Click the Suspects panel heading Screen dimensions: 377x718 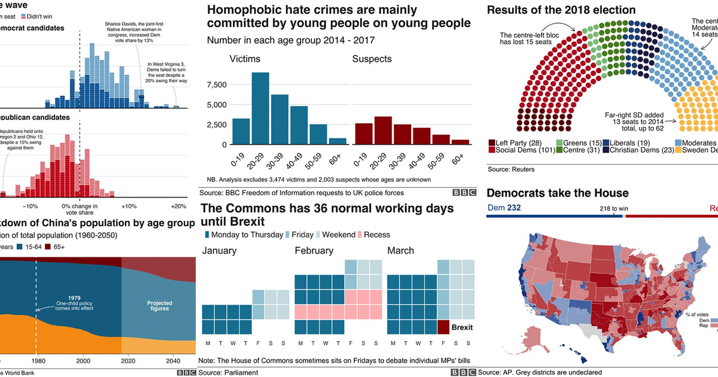(372, 59)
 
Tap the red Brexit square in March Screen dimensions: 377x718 (443, 327)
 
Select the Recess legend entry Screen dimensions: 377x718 (375, 235)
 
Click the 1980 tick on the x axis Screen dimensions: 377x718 (36, 361)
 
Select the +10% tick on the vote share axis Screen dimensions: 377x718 (129, 206)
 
